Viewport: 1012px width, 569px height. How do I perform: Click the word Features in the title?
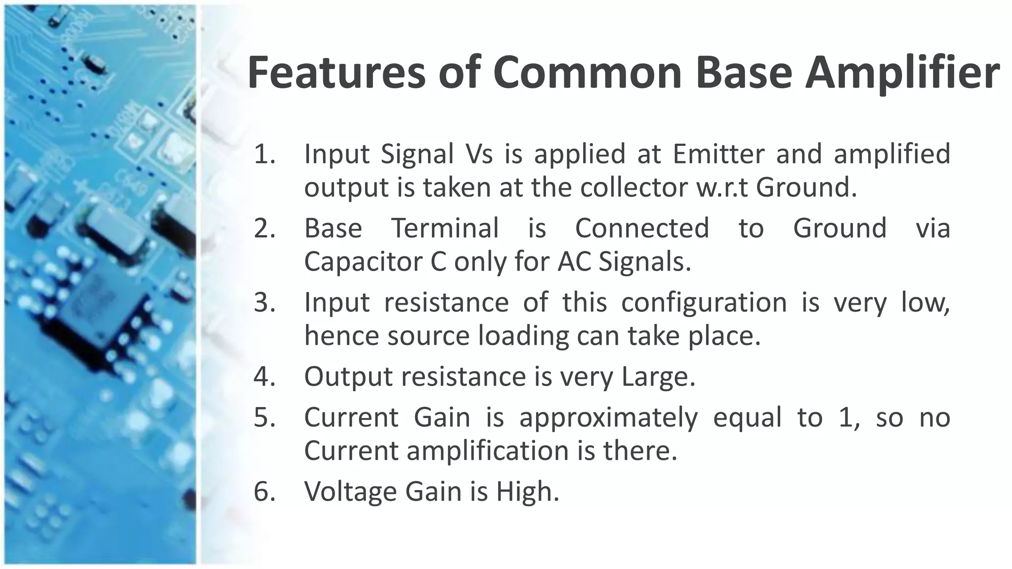[336, 73]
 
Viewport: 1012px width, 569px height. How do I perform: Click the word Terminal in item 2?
[445, 229]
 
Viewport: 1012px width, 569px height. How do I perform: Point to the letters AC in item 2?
[574, 262]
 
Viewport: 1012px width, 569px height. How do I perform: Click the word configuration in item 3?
[704, 303]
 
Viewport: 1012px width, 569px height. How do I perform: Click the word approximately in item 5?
[608, 418]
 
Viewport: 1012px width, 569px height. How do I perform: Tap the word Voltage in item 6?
[350, 492]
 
